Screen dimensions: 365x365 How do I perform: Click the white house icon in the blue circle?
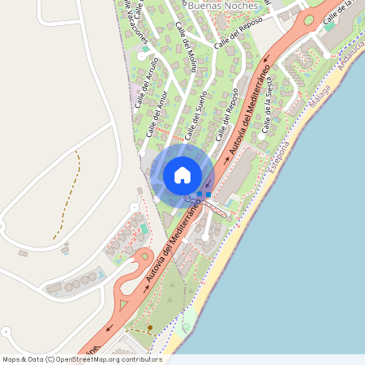pyautogui.click(x=182, y=174)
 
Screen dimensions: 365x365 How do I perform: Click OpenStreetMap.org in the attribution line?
pyautogui.click(x=90, y=359)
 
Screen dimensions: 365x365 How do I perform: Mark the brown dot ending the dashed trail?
pyautogui.click(x=149, y=328)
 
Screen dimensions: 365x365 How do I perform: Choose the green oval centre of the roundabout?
pyautogui.click(x=308, y=19)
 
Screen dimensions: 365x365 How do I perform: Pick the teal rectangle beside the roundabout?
pyautogui.click(x=329, y=26)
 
